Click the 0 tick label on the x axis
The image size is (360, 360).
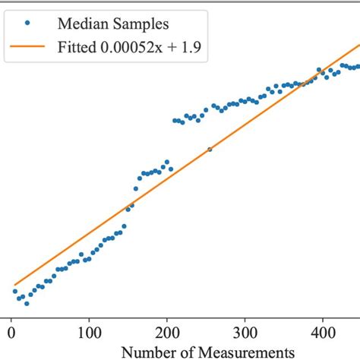(11, 333)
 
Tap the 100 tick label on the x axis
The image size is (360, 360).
(90, 333)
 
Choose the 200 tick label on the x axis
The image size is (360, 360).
(168, 333)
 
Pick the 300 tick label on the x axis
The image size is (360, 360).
(246, 333)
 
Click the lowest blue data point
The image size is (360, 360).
(27, 303)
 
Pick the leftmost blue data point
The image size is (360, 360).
(14, 291)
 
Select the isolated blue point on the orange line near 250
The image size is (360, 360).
(210, 150)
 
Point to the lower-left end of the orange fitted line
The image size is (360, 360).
(14, 285)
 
